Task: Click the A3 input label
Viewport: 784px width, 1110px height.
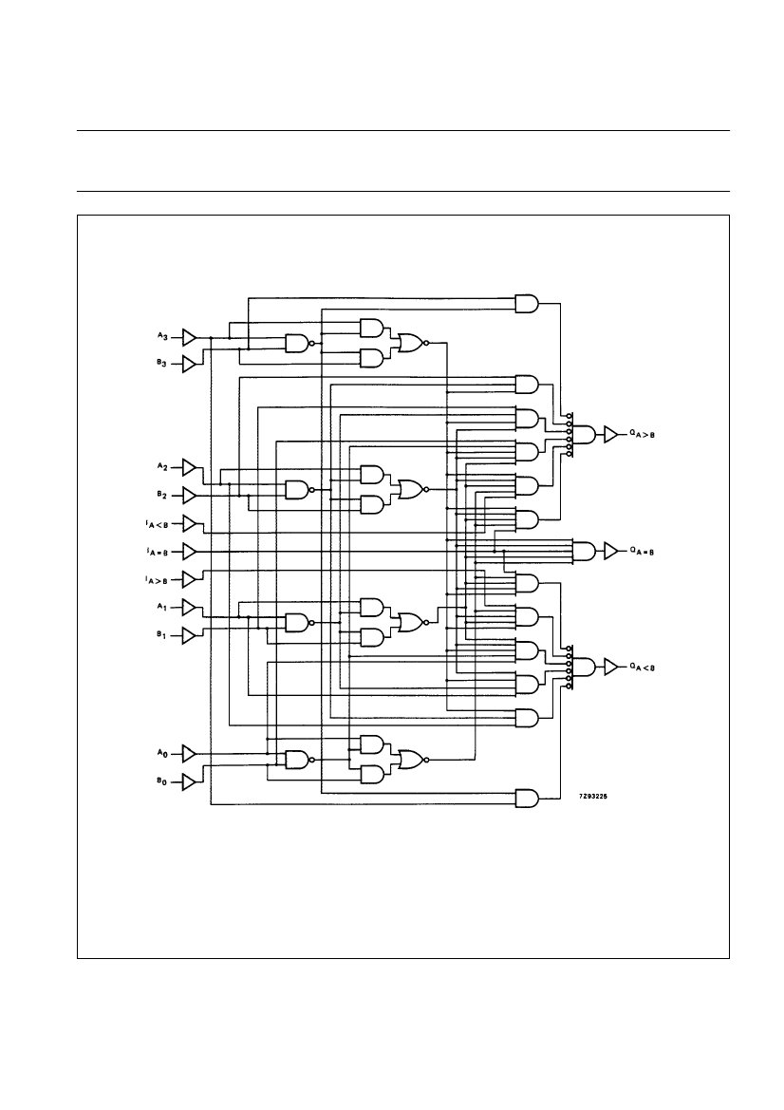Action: (x=162, y=336)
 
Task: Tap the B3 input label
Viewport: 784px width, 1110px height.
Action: (x=162, y=364)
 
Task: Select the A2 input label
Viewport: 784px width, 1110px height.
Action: (x=162, y=467)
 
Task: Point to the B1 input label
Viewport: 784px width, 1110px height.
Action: (x=162, y=635)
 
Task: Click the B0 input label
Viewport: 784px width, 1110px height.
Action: (x=162, y=781)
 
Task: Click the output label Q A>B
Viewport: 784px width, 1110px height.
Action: (x=643, y=434)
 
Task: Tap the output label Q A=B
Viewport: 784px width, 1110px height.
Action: (x=643, y=551)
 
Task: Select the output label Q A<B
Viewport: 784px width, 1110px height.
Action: (x=643, y=668)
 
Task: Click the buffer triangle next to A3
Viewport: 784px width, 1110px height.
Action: (x=189, y=337)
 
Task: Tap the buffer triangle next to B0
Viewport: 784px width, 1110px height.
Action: (x=189, y=781)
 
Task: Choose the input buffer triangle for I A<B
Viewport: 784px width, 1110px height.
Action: (x=189, y=523)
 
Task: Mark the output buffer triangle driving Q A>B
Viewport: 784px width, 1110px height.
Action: (x=609, y=434)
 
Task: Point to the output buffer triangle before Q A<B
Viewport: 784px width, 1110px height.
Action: (x=609, y=668)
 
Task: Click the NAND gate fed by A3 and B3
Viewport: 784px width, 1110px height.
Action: (x=297, y=344)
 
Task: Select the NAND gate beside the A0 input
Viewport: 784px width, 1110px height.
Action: (x=297, y=760)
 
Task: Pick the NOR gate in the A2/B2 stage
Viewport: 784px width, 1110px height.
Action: (x=412, y=490)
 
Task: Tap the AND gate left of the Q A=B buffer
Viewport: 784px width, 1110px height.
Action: (x=585, y=551)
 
